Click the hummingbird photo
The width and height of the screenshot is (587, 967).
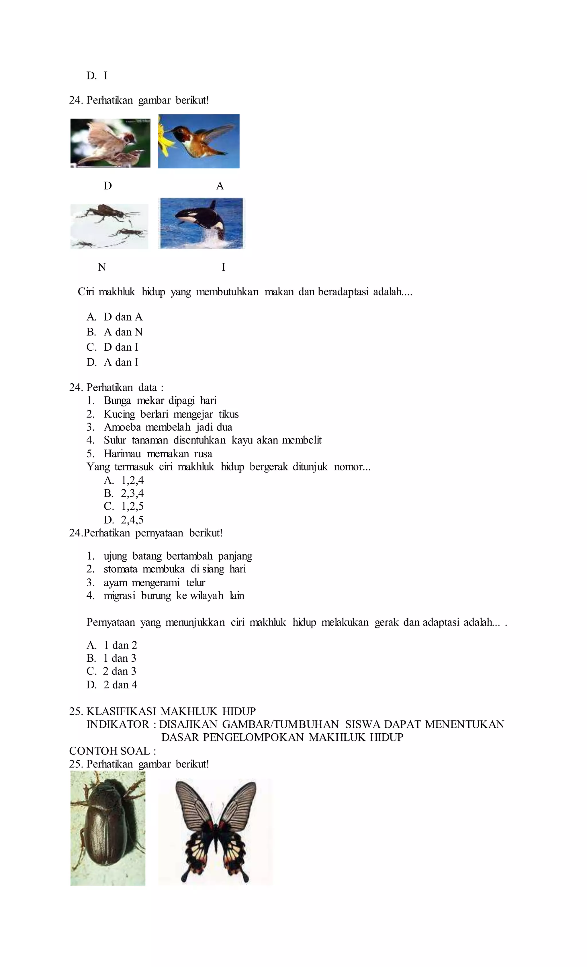199,141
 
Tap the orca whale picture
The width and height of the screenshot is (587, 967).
201,223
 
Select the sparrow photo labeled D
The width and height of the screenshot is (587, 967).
110,143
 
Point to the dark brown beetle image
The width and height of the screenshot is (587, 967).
108,828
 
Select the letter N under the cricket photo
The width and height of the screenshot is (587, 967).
102,267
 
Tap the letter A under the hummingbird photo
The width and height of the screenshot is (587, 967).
220,186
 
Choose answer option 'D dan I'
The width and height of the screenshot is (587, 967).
121,347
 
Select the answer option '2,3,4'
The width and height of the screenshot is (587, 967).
132,493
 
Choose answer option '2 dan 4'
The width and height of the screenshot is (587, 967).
120,685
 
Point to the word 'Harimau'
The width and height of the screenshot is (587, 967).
122,454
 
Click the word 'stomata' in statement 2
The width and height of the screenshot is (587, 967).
120,569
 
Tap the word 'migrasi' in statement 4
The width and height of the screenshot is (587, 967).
119,596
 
